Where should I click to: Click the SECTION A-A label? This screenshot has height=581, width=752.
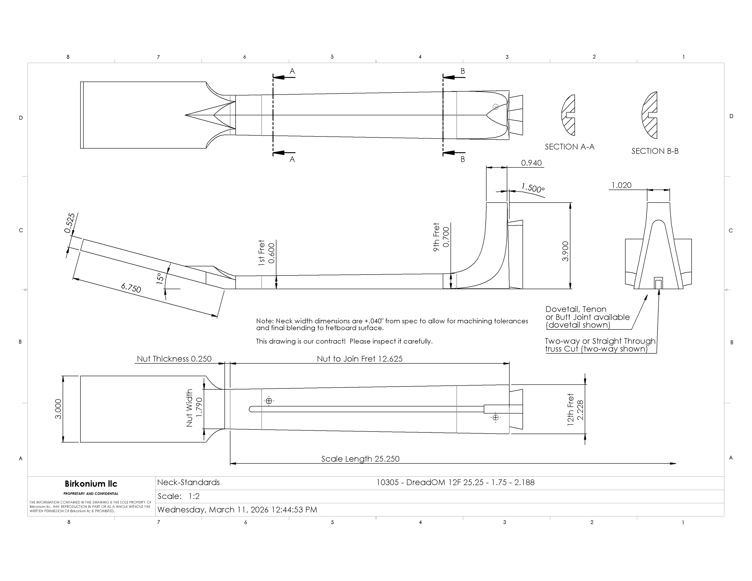pos(570,147)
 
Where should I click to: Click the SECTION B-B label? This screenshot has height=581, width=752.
pos(655,151)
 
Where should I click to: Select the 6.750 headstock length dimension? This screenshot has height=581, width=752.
pos(131,288)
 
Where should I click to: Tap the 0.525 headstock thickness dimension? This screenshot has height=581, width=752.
pos(70,223)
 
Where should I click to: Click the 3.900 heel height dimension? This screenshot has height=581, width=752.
pos(565,251)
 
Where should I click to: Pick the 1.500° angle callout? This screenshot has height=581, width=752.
pos(533,188)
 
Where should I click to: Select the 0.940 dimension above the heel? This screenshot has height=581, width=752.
pos(531,163)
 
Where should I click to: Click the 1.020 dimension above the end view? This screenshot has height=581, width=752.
pos(621,185)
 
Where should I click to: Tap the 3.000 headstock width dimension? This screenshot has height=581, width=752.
pos(58,409)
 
